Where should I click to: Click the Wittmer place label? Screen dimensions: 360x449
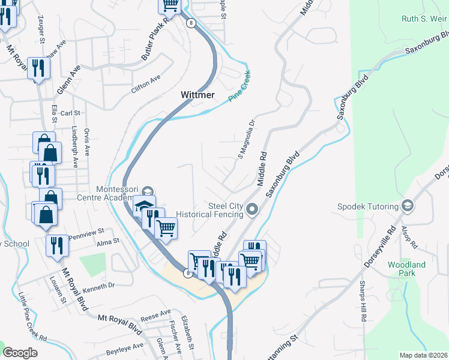point(198,95)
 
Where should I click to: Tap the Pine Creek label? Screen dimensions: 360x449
point(239,86)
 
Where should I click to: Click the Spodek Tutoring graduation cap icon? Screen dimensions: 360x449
point(408,206)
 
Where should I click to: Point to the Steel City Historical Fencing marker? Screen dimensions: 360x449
point(252,209)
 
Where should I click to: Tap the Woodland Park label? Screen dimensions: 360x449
point(406,269)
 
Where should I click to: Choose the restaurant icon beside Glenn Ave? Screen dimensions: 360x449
point(38,68)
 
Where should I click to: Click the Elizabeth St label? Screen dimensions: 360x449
point(189,334)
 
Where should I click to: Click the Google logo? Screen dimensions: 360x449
point(20,353)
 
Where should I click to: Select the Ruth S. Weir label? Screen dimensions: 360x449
point(424,19)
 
